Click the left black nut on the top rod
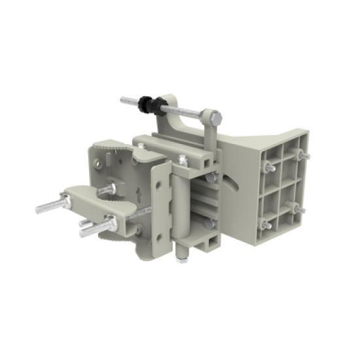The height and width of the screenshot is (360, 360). pos(143,103)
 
